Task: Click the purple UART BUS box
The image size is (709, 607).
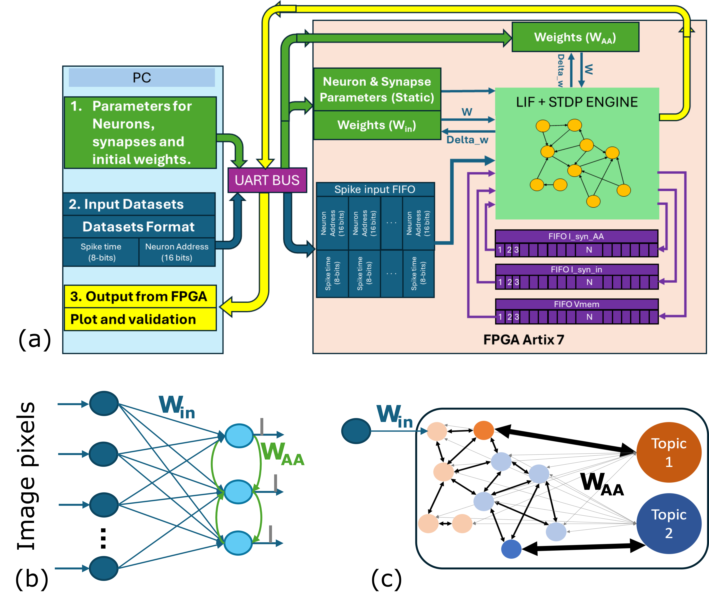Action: pos(267,180)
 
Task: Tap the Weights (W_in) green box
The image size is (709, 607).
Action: pos(377,125)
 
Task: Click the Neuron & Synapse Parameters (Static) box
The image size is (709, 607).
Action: pos(377,89)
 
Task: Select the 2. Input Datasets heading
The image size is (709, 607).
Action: pos(139,204)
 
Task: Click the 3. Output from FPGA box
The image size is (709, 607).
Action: pos(140,296)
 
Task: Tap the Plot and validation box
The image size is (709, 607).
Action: pos(140,319)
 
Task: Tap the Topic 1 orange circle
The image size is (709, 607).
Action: pos(669,452)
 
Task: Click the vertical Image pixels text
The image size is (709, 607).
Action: pos(26,476)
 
